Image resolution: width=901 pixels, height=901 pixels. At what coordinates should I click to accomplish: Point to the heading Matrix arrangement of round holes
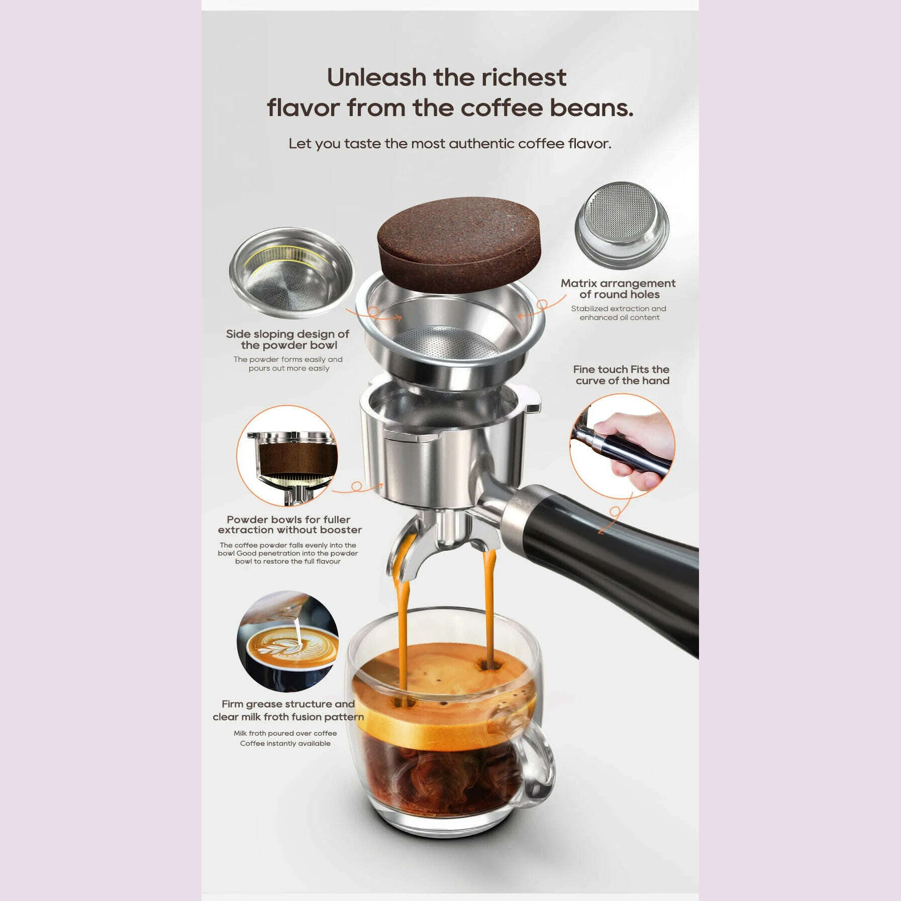618,289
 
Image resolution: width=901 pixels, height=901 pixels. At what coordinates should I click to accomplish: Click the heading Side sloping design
287,340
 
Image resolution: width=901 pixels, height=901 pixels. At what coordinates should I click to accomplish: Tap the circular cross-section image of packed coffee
287,456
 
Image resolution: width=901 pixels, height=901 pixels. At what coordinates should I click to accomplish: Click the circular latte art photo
287,641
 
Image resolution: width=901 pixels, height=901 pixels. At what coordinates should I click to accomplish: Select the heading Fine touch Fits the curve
622,375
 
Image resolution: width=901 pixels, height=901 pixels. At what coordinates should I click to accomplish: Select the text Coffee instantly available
285,744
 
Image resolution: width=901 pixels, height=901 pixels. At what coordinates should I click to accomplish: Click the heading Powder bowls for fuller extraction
289,525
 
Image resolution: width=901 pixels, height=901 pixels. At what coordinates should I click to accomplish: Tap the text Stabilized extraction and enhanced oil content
619,313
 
